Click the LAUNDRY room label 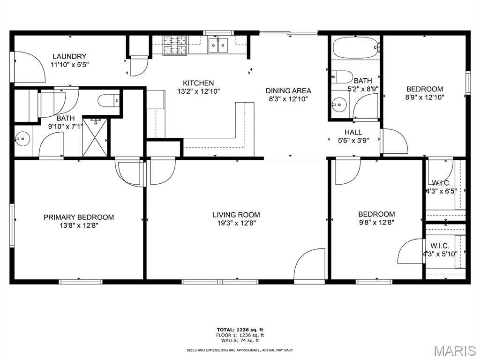click(69, 57)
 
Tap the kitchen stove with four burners click(174, 45)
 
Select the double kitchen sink click(218, 45)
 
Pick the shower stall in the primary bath click(96, 137)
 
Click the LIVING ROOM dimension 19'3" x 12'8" click(236, 223)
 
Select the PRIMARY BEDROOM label click(79, 217)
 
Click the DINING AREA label click(288, 90)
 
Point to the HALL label click(353, 132)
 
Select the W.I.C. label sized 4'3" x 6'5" click(441, 182)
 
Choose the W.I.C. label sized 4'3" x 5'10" click(440, 246)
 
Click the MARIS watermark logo click(455, 350)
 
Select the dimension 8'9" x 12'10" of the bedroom click(424, 97)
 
